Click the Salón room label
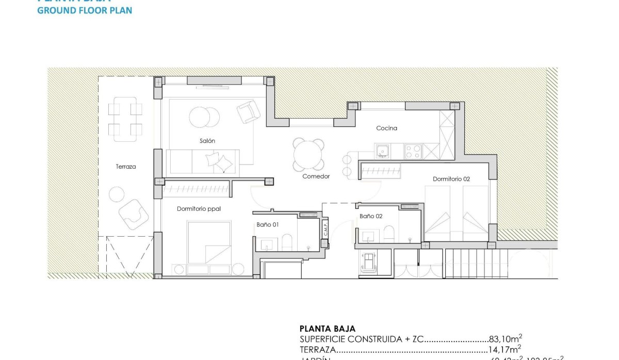point(207,141)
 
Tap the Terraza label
point(126,167)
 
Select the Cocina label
point(386,128)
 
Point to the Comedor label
point(316,176)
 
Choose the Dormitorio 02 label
point(451,179)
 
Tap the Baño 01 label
point(268,224)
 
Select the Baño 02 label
point(371,217)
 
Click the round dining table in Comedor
point(308,154)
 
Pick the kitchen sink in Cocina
point(382,151)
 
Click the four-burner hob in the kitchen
point(413,151)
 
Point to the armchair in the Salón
point(249,111)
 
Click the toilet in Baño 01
point(287,241)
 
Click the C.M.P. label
point(325,233)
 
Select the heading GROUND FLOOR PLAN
point(85,10)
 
